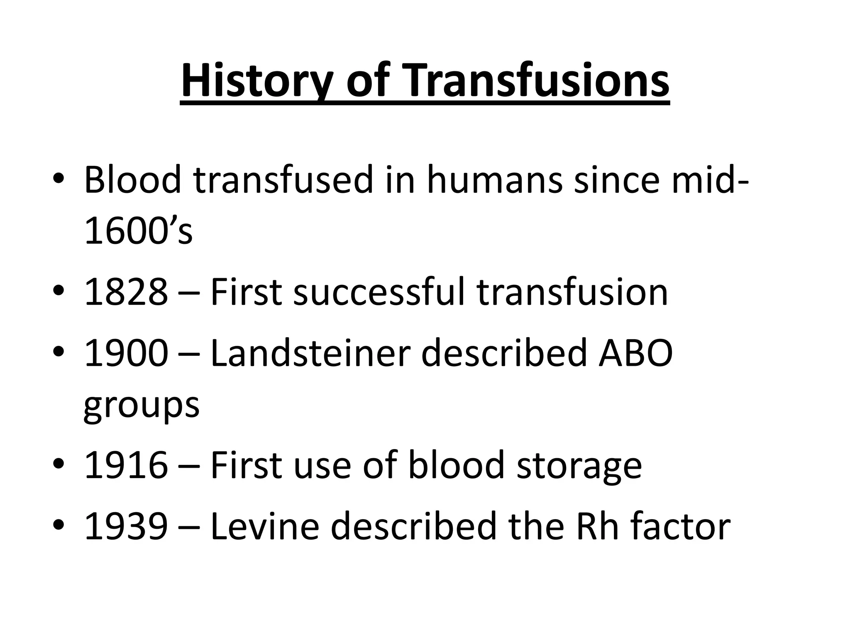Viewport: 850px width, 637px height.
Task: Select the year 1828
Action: point(126,292)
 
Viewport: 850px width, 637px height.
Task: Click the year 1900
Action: point(126,353)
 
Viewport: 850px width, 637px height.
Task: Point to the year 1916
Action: point(126,465)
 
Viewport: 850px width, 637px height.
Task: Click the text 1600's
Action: point(138,231)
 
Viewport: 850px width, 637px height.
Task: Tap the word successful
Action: point(379,292)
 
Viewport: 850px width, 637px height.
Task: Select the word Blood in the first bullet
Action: point(133,180)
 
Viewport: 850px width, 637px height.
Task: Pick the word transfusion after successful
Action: point(572,292)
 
